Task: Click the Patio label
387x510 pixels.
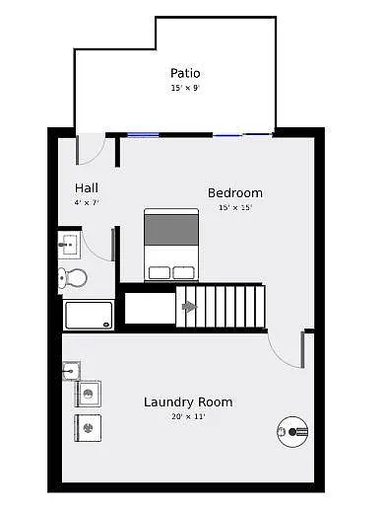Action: [x=185, y=73]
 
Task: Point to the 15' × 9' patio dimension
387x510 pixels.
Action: [x=185, y=88]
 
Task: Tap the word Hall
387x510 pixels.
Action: [x=86, y=187]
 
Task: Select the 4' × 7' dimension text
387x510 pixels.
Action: [x=87, y=202]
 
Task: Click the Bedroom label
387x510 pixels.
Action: [x=234, y=192]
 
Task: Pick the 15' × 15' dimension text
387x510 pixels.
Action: [x=234, y=207]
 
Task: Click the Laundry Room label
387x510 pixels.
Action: [x=188, y=401]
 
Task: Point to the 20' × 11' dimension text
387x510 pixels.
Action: [x=188, y=416]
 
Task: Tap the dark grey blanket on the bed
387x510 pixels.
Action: [x=171, y=229]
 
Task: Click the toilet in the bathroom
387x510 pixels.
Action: [x=72, y=278]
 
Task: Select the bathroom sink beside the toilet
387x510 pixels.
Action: [x=69, y=244]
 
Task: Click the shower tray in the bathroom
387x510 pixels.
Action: [x=89, y=315]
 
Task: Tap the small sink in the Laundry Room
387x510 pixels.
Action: [x=71, y=371]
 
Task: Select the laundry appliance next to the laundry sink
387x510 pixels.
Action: [x=89, y=395]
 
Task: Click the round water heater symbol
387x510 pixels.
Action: [x=292, y=430]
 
